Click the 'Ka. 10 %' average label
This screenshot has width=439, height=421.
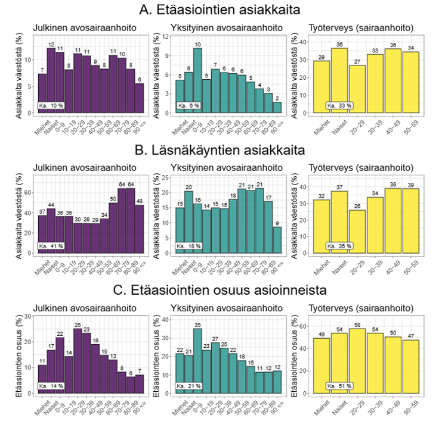(51, 105)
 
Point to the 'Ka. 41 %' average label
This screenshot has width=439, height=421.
(51, 245)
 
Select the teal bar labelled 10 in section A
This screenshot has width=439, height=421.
(197, 81)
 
